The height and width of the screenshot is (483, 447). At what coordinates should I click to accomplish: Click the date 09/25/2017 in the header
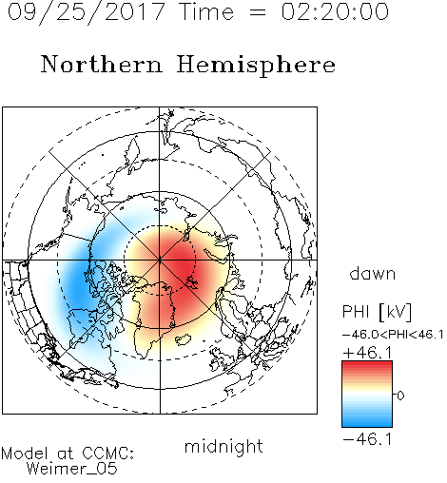click(87, 12)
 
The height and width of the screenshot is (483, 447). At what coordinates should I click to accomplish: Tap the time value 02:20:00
click(335, 12)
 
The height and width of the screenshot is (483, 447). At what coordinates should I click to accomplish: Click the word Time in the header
click(206, 12)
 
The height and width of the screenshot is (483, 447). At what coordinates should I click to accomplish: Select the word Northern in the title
click(102, 64)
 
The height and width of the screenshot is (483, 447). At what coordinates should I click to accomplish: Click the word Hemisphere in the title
click(256, 65)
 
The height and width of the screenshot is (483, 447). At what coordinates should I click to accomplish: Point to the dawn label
click(373, 273)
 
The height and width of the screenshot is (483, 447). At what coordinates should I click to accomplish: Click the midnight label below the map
click(223, 446)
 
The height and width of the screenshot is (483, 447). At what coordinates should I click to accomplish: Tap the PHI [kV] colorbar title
click(377, 312)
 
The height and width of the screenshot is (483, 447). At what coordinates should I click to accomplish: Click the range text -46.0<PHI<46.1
click(393, 335)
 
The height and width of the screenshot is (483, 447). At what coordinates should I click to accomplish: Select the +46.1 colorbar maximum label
click(367, 353)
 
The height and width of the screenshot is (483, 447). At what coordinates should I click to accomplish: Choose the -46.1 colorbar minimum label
click(367, 439)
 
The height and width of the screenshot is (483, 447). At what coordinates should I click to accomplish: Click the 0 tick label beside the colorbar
click(400, 396)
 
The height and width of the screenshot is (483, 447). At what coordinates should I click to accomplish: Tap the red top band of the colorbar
click(367, 365)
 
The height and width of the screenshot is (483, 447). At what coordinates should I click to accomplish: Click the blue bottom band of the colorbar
click(367, 423)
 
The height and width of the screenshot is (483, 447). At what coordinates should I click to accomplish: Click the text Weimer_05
click(72, 469)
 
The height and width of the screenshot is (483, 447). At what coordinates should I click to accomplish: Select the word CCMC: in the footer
click(108, 454)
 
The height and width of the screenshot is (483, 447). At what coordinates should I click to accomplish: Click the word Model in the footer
click(25, 454)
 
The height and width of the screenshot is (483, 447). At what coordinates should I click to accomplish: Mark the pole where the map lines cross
click(160, 261)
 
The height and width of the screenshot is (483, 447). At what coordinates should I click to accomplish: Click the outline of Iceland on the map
click(184, 339)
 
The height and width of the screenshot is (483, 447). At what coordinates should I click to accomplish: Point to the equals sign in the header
click(258, 13)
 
